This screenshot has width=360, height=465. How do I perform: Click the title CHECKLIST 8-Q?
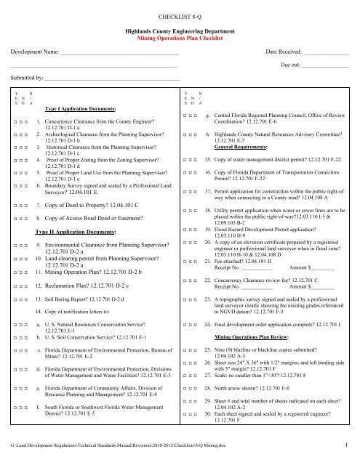coord(180,14)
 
